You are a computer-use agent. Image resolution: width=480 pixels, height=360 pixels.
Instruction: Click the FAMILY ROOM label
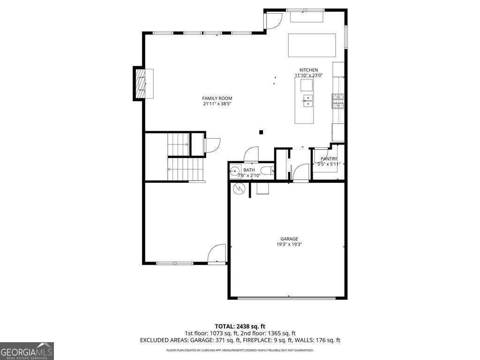coord(217,98)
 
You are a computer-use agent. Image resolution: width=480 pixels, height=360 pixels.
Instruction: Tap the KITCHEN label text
coord(308,70)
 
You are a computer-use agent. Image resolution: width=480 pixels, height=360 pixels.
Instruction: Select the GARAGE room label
coord(289,239)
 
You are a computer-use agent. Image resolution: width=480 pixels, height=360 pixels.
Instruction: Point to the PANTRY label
coord(329,159)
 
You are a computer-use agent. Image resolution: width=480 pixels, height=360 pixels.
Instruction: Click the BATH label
coord(249,170)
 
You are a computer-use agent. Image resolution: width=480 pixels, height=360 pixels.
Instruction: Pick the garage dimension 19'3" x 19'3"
coord(289,244)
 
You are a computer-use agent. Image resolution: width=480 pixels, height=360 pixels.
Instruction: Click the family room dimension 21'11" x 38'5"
coord(217,104)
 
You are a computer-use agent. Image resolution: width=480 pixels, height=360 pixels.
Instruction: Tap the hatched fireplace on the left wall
coord(140,83)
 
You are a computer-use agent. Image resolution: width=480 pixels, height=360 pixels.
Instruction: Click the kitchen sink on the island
coord(307,100)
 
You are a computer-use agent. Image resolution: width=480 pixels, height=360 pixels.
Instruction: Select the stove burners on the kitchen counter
coord(338,101)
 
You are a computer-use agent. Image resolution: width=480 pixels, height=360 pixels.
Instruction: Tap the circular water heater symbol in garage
coord(239,189)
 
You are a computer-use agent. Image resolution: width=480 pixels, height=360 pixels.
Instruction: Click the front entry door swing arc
coord(217,254)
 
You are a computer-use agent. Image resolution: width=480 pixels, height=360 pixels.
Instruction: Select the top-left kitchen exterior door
coord(273,20)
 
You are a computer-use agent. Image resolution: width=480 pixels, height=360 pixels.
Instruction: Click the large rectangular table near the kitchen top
coord(312,45)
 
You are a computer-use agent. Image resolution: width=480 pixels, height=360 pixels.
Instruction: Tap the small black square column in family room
coord(262,132)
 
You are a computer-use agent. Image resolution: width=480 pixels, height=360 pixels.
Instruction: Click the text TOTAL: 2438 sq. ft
coord(240,326)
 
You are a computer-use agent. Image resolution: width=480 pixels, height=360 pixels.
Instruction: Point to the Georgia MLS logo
coord(27,351)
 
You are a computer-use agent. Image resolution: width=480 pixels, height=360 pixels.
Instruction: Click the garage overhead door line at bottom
coord(287,297)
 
